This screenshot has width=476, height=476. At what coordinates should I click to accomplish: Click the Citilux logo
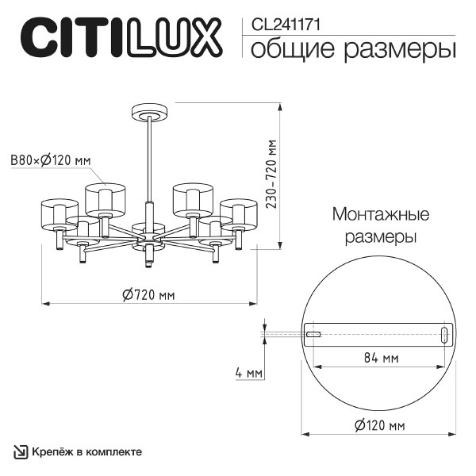(x=119, y=37)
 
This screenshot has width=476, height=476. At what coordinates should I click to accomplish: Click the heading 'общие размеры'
(x=353, y=49)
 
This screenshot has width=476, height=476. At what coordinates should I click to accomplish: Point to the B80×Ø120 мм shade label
(x=50, y=161)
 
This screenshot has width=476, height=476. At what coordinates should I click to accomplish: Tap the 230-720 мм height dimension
(x=271, y=175)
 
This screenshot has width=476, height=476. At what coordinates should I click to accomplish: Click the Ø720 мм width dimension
(x=148, y=294)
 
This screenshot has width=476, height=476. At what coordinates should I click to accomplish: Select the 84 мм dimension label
(x=380, y=359)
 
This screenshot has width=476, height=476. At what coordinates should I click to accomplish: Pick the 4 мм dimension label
(x=248, y=373)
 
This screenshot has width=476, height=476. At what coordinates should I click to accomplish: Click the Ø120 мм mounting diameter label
(x=379, y=426)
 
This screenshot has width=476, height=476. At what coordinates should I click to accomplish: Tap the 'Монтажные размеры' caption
(x=381, y=226)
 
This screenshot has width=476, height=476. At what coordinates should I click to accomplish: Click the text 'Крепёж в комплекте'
(x=87, y=451)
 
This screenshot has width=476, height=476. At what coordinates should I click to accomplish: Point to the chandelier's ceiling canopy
(x=148, y=113)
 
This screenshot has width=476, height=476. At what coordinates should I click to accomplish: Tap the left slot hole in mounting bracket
(x=314, y=336)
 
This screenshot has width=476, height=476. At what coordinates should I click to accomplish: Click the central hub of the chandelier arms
(x=148, y=238)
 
